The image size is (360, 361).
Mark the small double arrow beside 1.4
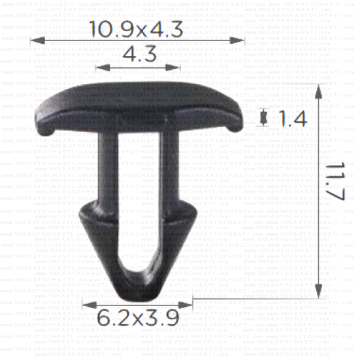pyautogui.click(x=264, y=118)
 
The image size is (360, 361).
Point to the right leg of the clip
pyautogui.click(x=167, y=170)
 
